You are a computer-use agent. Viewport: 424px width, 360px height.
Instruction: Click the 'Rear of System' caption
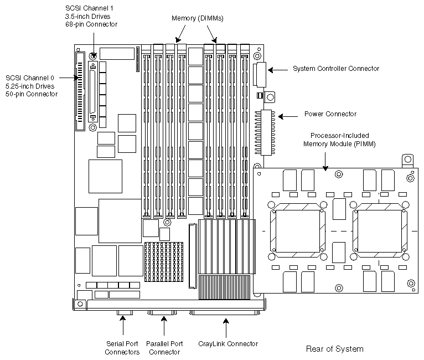334,349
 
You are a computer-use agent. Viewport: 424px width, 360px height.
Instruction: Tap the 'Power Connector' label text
330,115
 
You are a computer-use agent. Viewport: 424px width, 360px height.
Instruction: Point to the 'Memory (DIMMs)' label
198,19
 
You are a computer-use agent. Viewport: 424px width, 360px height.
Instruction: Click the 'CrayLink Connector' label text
228,344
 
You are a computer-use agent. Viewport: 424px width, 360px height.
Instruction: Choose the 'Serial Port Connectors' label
123,348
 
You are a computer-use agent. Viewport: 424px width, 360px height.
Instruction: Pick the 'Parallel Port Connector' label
165,348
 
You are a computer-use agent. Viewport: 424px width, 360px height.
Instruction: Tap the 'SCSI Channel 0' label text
30,86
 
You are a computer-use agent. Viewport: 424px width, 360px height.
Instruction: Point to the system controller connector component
261,73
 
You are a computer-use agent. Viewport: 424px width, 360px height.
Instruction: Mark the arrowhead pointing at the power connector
278,116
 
